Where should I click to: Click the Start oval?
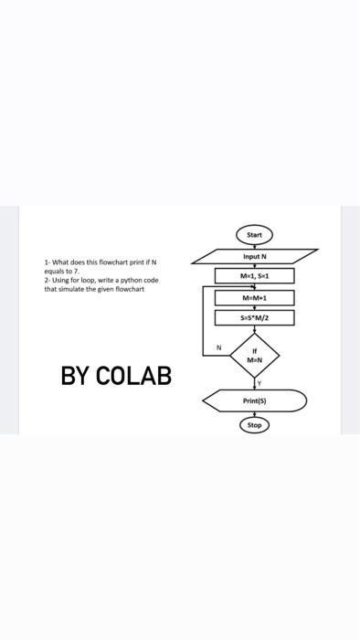click(254, 235)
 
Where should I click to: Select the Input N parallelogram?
click(254, 255)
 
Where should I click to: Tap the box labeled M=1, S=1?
click(254, 275)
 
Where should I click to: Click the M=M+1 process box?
click(254, 297)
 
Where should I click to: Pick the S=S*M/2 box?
click(254, 318)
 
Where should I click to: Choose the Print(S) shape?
click(254, 400)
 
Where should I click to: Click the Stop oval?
click(254, 425)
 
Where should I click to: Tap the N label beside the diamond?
click(218, 347)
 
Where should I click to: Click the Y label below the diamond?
click(260, 382)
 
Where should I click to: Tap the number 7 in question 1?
click(78, 272)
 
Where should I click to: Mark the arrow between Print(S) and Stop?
click(254, 414)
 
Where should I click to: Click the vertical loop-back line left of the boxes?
click(203, 320)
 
